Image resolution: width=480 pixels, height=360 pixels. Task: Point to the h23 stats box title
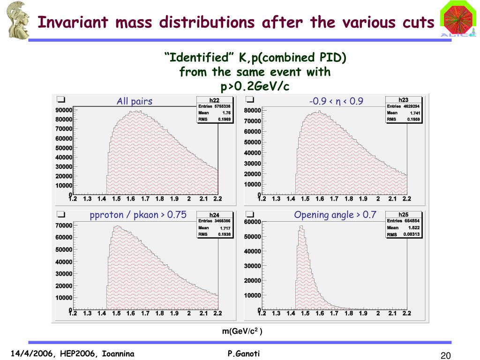click(403, 100)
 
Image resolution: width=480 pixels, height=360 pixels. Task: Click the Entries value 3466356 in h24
click(222, 221)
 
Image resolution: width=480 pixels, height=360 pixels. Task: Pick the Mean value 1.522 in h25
click(413, 228)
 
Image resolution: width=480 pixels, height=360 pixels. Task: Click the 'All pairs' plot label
click(135, 101)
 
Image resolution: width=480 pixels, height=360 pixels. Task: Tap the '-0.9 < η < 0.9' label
click(336, 101)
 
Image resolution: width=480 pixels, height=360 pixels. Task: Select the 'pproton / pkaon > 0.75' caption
click(138, 215)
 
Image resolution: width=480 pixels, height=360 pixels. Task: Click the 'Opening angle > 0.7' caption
click(335, 215)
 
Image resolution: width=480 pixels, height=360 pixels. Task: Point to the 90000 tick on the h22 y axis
click(64, 110)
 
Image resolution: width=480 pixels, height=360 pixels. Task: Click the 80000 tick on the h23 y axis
click(253, 111)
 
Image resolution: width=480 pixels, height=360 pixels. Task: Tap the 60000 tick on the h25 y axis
click(253, 222)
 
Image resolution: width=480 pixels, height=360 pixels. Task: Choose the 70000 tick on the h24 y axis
click(64, 226)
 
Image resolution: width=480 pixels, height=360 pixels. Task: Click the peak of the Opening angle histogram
click(301, 227)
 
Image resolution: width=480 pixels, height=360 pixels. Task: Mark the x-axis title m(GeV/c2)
click(242, 331)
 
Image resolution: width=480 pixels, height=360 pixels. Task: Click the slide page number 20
click(445, 355)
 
